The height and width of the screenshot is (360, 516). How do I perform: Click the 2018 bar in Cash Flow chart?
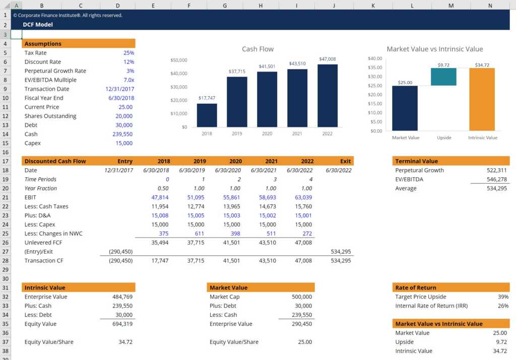click(207, 115)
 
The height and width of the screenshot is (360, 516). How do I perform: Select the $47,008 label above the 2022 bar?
click(327, 59)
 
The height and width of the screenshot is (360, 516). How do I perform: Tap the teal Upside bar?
click(444, 77)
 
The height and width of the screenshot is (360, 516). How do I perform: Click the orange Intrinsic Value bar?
click(482, 99)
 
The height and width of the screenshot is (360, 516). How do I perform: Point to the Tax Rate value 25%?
click(128, 53)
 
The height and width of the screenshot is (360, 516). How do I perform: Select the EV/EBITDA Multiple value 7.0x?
click(128, 80)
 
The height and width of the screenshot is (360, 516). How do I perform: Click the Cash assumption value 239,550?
click(122, 134)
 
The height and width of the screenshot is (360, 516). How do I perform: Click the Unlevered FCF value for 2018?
click(160, 243)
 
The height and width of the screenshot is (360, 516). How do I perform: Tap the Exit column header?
click(345, 162)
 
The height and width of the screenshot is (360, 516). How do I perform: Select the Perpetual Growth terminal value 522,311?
click(496, 171)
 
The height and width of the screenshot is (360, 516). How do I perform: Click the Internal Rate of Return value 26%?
click(503, 306)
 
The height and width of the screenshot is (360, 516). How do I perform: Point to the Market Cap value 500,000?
click(302, 297)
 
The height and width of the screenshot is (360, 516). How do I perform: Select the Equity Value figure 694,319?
click(122, 324)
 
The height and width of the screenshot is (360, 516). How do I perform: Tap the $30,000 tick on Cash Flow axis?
click(179, 87)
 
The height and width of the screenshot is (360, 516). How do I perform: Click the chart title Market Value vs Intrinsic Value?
click(434, 49)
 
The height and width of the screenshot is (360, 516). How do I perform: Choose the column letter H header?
click(261, 5)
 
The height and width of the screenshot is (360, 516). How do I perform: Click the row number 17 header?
click(5, 162)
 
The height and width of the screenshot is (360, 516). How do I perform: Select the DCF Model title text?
click(38, 25)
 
